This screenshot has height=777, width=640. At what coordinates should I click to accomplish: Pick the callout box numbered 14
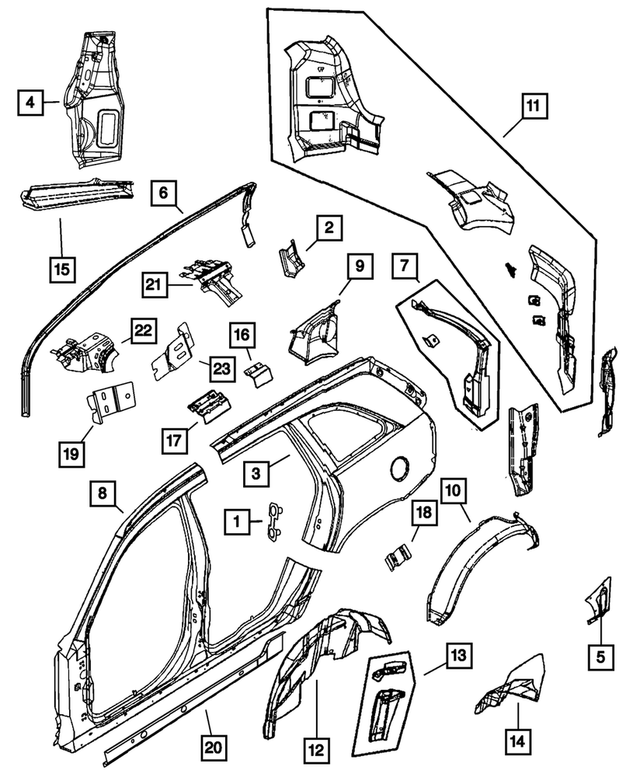point(516,739)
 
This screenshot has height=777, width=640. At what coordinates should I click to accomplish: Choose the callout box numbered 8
point(104,493)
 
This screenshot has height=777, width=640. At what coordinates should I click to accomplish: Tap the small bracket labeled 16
point(258,374)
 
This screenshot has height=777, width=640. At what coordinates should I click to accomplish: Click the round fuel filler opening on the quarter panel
point(401,469)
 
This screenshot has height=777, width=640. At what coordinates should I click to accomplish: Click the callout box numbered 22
point(142,332)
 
